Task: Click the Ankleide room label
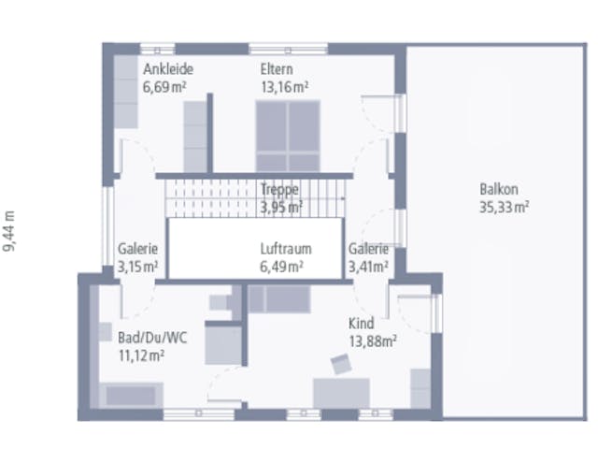pyautogui.click(x=168, y=69)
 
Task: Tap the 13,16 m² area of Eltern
pyautogui.click(x=284, y=87)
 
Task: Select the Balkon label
pyautogui.click(x=498, y=189)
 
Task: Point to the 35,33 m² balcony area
pyautogui.click(x=504, y=208)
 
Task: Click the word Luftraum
pyautogui.click(x=286, y=249)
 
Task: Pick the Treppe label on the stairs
pyautogui.click(x=279, y=190)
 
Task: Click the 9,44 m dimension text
pyautogui.click(x=8, y=231)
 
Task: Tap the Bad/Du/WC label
pyautogui.click(x=152, y=338)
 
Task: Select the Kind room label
pyautogui.click(x=362, y=324)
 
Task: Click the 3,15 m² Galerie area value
pyautogui.click(x=137, y=267)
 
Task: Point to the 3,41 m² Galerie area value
pyautogui.click(x=368, y=267)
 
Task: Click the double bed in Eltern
pyautogui.click(x=288, y=137)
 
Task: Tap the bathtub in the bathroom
pyautogui.click(x=131, y=395)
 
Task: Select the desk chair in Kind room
pyautogui.click(x=341, y=364)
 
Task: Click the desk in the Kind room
pyautogui.click(x=341, y=393)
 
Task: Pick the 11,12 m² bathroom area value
pyautogui.click(x=141, y=355)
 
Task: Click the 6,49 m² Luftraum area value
pyautogui.click(x=281, y=267)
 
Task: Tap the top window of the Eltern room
pyautogui.click(x=289, y=50)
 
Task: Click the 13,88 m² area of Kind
pyautogui.click(x=373, y=341)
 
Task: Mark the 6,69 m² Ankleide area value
pyautogui.click(x=164, y=87)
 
